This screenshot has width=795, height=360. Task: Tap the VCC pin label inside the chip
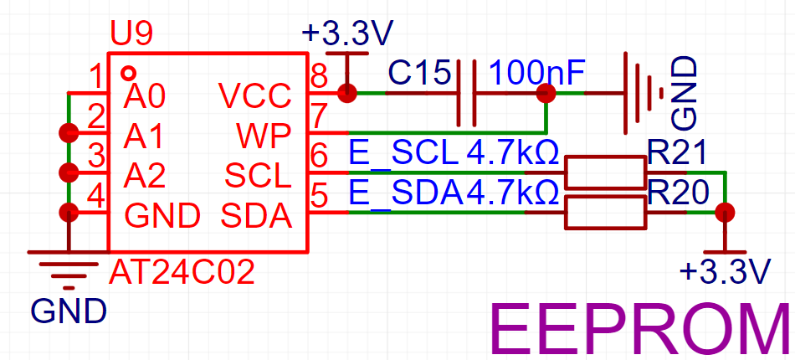pos(255,95)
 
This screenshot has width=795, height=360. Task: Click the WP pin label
pos(264,136)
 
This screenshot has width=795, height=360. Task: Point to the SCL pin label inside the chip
pos(258,177)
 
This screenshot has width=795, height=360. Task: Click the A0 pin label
pos(145,95)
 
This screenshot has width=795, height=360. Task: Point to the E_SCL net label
pos(403,152)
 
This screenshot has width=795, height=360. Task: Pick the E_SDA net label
pos(407,193)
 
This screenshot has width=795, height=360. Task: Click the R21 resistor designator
pos(677,152)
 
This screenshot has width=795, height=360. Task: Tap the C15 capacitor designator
pos(418,74)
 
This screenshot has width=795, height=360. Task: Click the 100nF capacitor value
pos(537,74)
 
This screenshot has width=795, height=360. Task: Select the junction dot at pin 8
pos(346,93)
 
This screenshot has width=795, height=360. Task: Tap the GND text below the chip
pos(69,311)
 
